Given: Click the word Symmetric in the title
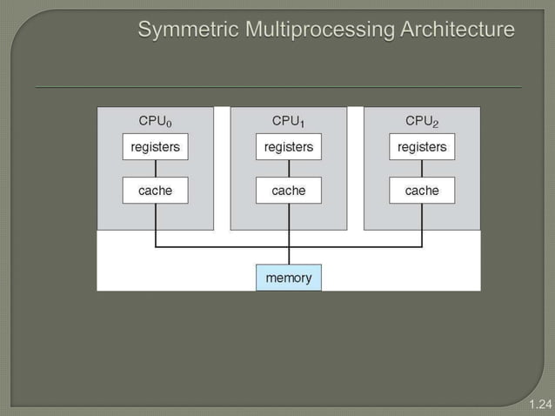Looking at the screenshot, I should pos(188,30).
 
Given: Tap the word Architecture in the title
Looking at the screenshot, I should pos(457,30).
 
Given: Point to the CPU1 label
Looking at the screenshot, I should pos(288,120).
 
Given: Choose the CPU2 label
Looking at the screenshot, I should pos(422,120).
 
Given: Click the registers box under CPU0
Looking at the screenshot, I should pos(155,147).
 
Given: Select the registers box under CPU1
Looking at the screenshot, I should pos(288,147).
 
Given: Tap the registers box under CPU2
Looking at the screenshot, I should pos(422,147).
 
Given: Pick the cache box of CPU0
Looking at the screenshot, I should pos(155,191).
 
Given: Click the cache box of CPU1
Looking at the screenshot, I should pos(288,191).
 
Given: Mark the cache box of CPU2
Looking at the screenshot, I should pos(422,191).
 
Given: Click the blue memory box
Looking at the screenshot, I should pos(288,278).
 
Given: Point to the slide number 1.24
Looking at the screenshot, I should pos(540,404).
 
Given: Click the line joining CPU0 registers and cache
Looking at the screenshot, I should pos(155,169).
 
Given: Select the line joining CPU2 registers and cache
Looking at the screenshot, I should pos(422,169).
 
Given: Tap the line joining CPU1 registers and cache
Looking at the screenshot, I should pos(288,169).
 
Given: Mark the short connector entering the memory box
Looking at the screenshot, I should pos(288,256).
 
